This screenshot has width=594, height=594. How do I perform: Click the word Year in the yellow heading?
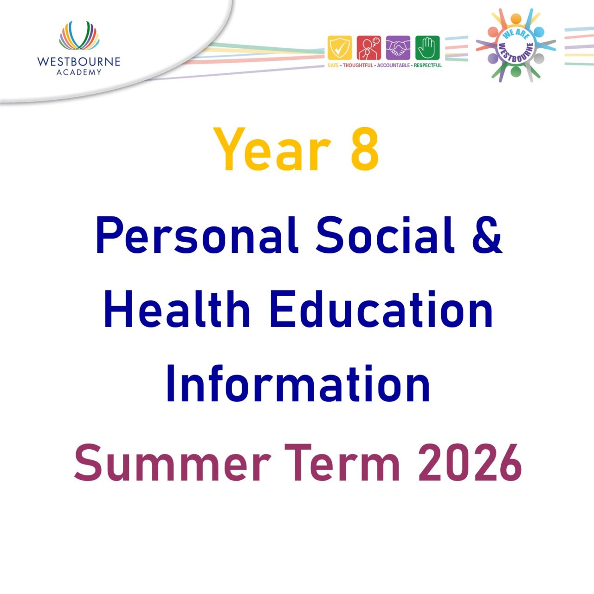pos(272,149)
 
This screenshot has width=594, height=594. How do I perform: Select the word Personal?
pos(196,235)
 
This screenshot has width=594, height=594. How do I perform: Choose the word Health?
pos(177,310)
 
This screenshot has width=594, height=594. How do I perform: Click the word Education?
pos(381,310)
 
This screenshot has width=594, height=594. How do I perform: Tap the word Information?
pos(298,384)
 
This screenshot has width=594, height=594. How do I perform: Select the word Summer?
pos(172,463)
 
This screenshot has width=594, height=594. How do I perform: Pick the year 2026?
pos(470,463)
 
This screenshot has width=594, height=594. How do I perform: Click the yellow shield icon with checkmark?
pos(340,48)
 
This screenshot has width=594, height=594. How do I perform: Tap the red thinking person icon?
pos(369,48)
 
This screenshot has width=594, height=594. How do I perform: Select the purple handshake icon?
pos(398,48)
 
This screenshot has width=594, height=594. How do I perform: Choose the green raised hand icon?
pos(427,48)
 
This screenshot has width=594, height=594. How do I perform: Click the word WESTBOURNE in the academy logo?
pos(79,62)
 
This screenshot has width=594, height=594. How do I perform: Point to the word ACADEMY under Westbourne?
pos(79,72)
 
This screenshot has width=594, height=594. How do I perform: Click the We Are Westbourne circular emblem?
pos(516,45)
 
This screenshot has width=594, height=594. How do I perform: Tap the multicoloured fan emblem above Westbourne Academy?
pos(79,36)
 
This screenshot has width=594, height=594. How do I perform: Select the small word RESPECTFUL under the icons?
pos(427,65)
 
